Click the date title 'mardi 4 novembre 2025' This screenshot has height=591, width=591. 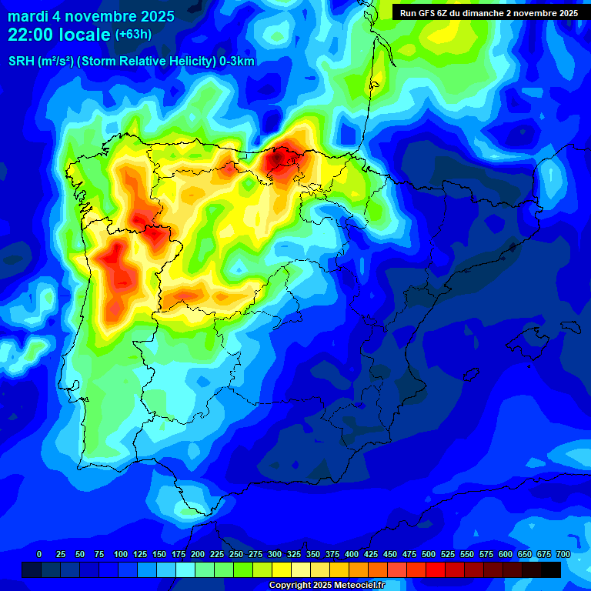[92, 16]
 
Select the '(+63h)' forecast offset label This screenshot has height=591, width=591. [134, 35]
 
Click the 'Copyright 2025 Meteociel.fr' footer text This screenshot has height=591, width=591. [327, 586]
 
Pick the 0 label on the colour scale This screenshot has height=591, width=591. [39, 554]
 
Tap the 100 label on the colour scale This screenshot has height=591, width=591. [121, 554]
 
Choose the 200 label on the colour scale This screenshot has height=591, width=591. [198, 554]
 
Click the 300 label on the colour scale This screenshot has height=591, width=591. [275, 554]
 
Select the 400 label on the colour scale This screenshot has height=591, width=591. [352, 554]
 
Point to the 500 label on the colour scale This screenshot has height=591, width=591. [429, 554]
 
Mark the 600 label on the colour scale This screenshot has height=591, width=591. [506, 554]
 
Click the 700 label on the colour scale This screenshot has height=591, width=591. [563, 554]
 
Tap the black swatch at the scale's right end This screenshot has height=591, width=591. [551, 569]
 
